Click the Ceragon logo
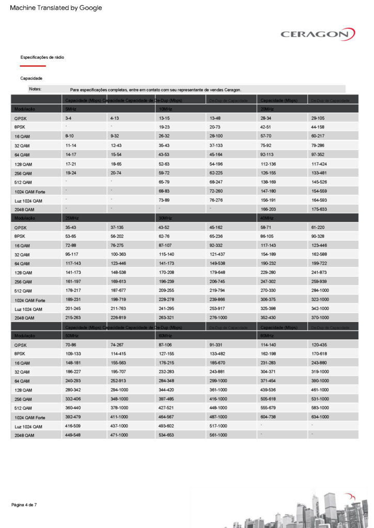(x=318, y=34)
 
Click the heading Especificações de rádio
(x=42, y=57)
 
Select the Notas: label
(x=35, y=89)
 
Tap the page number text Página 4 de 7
(x=24, y=505)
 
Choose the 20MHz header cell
(x=267, y=109)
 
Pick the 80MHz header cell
(x=267, y=336)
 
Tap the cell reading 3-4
(x=69, y=118)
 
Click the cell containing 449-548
(x=73, y=435)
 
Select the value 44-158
(x=318, y=127)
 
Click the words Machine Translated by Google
(x=56, y=8)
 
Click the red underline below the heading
(x=33, y=66)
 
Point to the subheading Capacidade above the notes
(x=31, y=78)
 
